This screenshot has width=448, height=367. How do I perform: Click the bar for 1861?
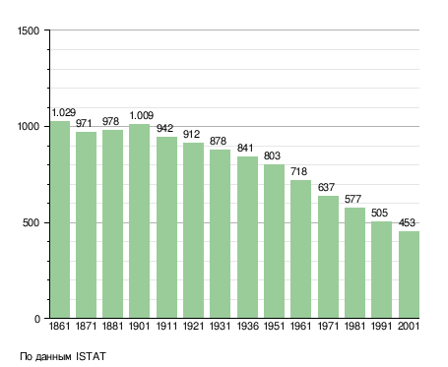tap(60, 219)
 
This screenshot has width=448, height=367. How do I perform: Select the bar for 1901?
tap(139, 221)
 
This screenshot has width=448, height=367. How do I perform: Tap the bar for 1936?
tap(247, 237)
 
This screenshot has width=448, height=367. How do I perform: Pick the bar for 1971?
tap(328, 257)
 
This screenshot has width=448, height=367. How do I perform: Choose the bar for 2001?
tap(409, 275)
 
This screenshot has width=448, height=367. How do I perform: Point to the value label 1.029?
tap(64, 112)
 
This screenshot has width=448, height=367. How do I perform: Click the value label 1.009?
tap(142, 115)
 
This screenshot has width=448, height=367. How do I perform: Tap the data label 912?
tap(191, 134)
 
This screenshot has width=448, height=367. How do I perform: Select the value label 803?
tap(272, 155)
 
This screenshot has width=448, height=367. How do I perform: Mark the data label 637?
tap(326, 187)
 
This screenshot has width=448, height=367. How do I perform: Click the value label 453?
tap(407, 222)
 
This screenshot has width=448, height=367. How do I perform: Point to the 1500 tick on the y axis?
tap(29, 31)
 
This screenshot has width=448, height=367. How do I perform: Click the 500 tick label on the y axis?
tap(31, 223)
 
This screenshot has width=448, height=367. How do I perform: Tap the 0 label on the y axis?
tap(37, 319)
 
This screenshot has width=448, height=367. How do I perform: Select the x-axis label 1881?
tap(112, 326)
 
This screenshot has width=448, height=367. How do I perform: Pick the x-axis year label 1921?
tap(193, 326)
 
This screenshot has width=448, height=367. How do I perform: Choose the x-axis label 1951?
tap(274, 326)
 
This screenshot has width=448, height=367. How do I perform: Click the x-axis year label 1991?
tap(381, 326)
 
